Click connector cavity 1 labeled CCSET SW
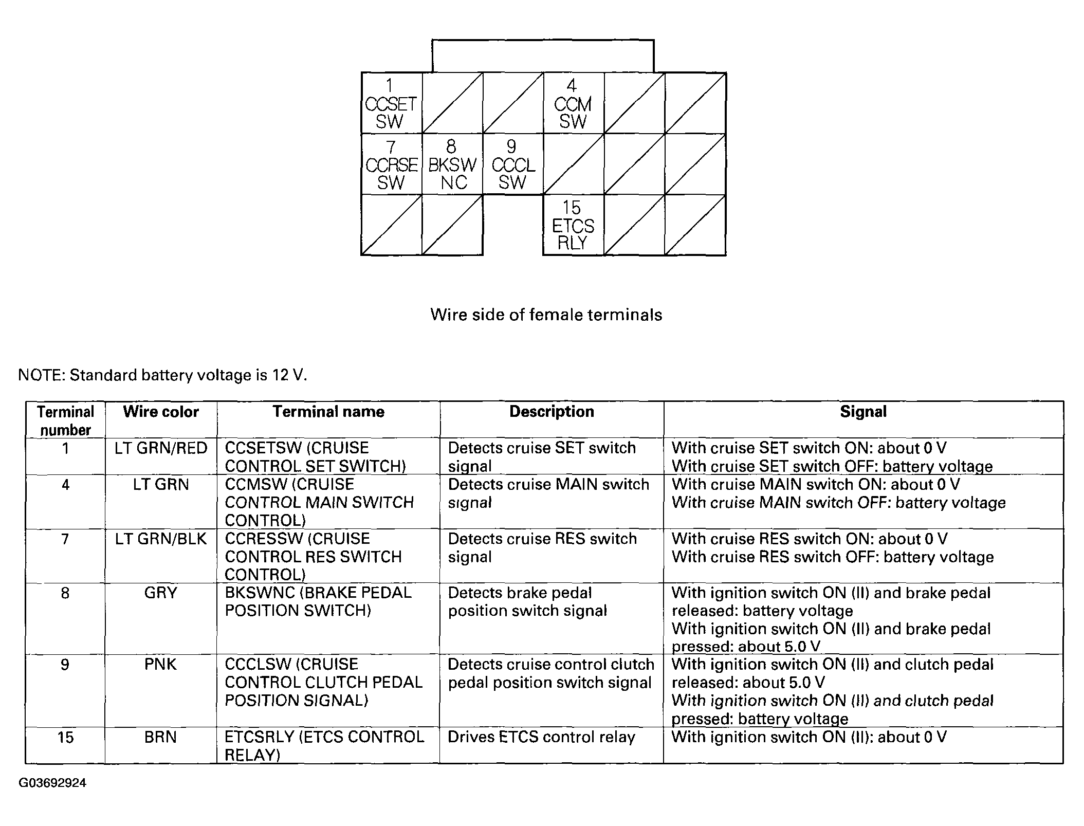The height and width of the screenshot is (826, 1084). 391,103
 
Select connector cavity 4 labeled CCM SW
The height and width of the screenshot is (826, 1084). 573,103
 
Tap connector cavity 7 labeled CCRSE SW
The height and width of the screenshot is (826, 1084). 391,164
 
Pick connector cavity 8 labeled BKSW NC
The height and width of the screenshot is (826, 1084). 452,164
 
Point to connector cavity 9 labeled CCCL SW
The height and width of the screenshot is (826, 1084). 512,164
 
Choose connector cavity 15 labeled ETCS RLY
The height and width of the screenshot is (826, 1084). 573,225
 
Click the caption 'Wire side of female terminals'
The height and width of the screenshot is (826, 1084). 546,315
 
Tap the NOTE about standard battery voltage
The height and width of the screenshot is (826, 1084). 162,375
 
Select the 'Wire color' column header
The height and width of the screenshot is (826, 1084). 161,412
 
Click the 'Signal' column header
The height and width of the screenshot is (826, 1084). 863,412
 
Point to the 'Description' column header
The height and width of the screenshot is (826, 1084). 552,412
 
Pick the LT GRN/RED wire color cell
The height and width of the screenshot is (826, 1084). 161,448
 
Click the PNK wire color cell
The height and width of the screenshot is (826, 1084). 161,665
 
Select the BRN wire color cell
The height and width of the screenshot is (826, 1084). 161,737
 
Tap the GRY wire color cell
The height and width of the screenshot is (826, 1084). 161,593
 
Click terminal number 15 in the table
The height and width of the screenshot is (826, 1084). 65,738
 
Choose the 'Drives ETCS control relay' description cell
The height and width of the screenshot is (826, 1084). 541,737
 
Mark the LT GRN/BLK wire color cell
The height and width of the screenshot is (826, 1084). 161,539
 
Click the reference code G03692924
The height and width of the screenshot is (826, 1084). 52,783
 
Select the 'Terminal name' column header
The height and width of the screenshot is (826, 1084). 328,412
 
